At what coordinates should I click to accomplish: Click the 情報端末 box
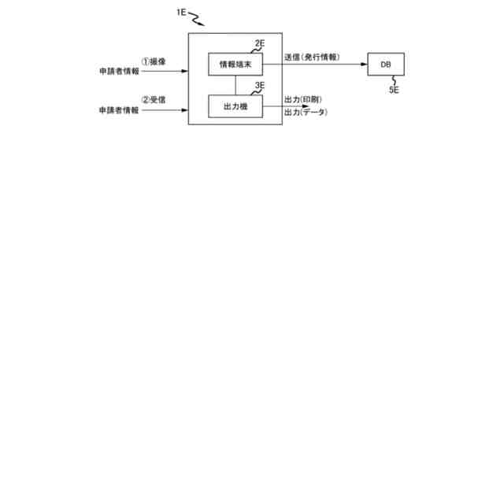pos(235,64)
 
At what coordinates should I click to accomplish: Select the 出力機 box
pos(235,106)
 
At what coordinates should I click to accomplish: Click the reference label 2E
pos(260,44)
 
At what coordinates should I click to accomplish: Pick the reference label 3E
pos(260,86)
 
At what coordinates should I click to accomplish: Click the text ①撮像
pos(153,60)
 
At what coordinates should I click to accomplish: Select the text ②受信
pos(153,100)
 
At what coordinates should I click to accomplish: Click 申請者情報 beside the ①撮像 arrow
pos(119,72)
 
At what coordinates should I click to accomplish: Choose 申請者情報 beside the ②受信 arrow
pos(119,111)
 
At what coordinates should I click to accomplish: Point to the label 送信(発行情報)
pos(312,58)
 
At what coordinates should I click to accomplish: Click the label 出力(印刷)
pos(303,100)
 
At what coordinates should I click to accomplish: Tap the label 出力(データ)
pos(306,113)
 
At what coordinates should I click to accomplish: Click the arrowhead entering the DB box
pos(363,64)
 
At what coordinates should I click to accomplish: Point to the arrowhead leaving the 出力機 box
pos(308,106)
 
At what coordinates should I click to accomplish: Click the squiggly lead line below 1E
pos(197,17)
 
